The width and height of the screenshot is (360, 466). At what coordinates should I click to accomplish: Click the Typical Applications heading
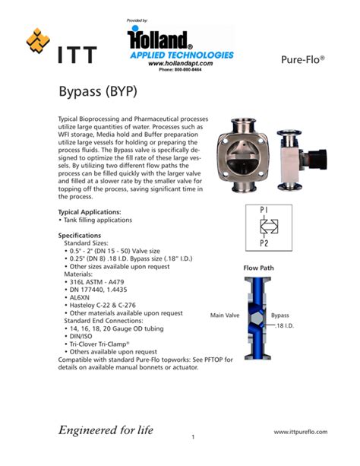[x=95, y=211]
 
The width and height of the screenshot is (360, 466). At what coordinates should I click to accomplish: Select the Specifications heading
[x=86, y=236]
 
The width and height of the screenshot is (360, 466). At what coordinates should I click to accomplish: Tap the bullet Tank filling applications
[x=96, y=220]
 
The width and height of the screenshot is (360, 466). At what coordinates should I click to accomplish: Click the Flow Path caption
[x=258, y=268]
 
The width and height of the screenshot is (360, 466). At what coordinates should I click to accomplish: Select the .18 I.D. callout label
[x=285, y=326]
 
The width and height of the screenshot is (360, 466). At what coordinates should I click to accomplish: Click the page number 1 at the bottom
[x=194, y=436]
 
